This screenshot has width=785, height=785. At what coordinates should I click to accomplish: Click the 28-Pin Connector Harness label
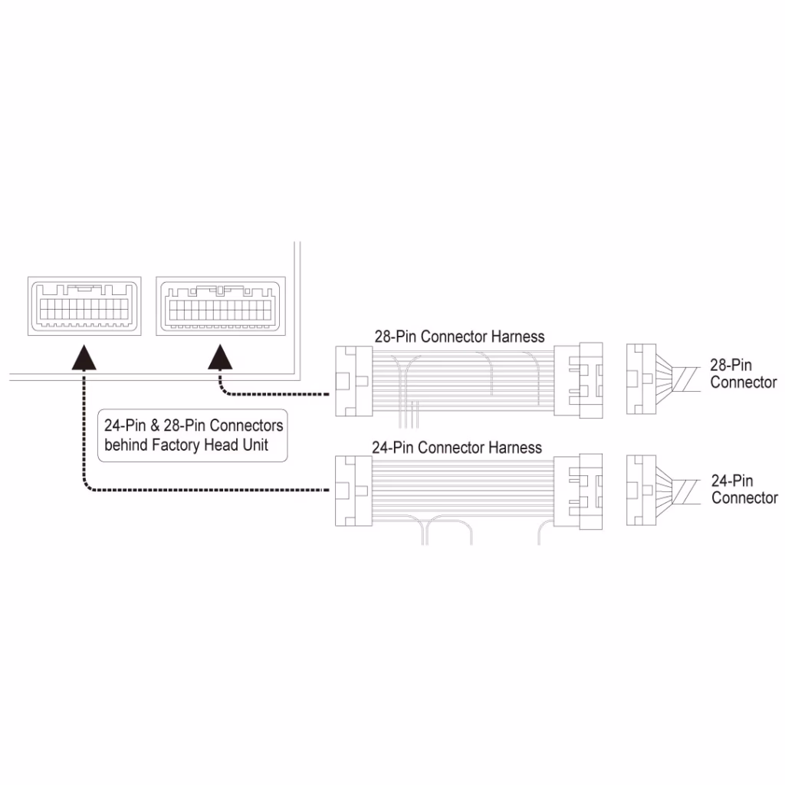459,337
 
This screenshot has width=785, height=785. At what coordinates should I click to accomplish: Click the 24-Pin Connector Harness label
457,448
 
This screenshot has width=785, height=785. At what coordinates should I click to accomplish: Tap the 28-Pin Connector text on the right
744,373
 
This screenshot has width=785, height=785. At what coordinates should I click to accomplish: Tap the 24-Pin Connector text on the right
744,489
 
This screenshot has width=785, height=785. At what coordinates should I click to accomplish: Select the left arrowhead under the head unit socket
84,357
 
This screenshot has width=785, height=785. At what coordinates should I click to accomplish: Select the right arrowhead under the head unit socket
220,357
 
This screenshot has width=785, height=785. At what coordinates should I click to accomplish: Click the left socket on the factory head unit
84,306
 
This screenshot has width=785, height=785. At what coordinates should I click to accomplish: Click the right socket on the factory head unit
221,306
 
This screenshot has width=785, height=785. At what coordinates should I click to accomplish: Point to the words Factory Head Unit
210,445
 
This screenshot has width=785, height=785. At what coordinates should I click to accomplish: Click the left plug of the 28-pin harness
353,382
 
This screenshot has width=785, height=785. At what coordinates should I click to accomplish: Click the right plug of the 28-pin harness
578,380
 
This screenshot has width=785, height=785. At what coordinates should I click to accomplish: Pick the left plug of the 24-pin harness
353,491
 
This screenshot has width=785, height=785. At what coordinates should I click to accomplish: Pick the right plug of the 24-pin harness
578,491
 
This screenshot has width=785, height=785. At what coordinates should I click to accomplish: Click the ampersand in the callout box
155,425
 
